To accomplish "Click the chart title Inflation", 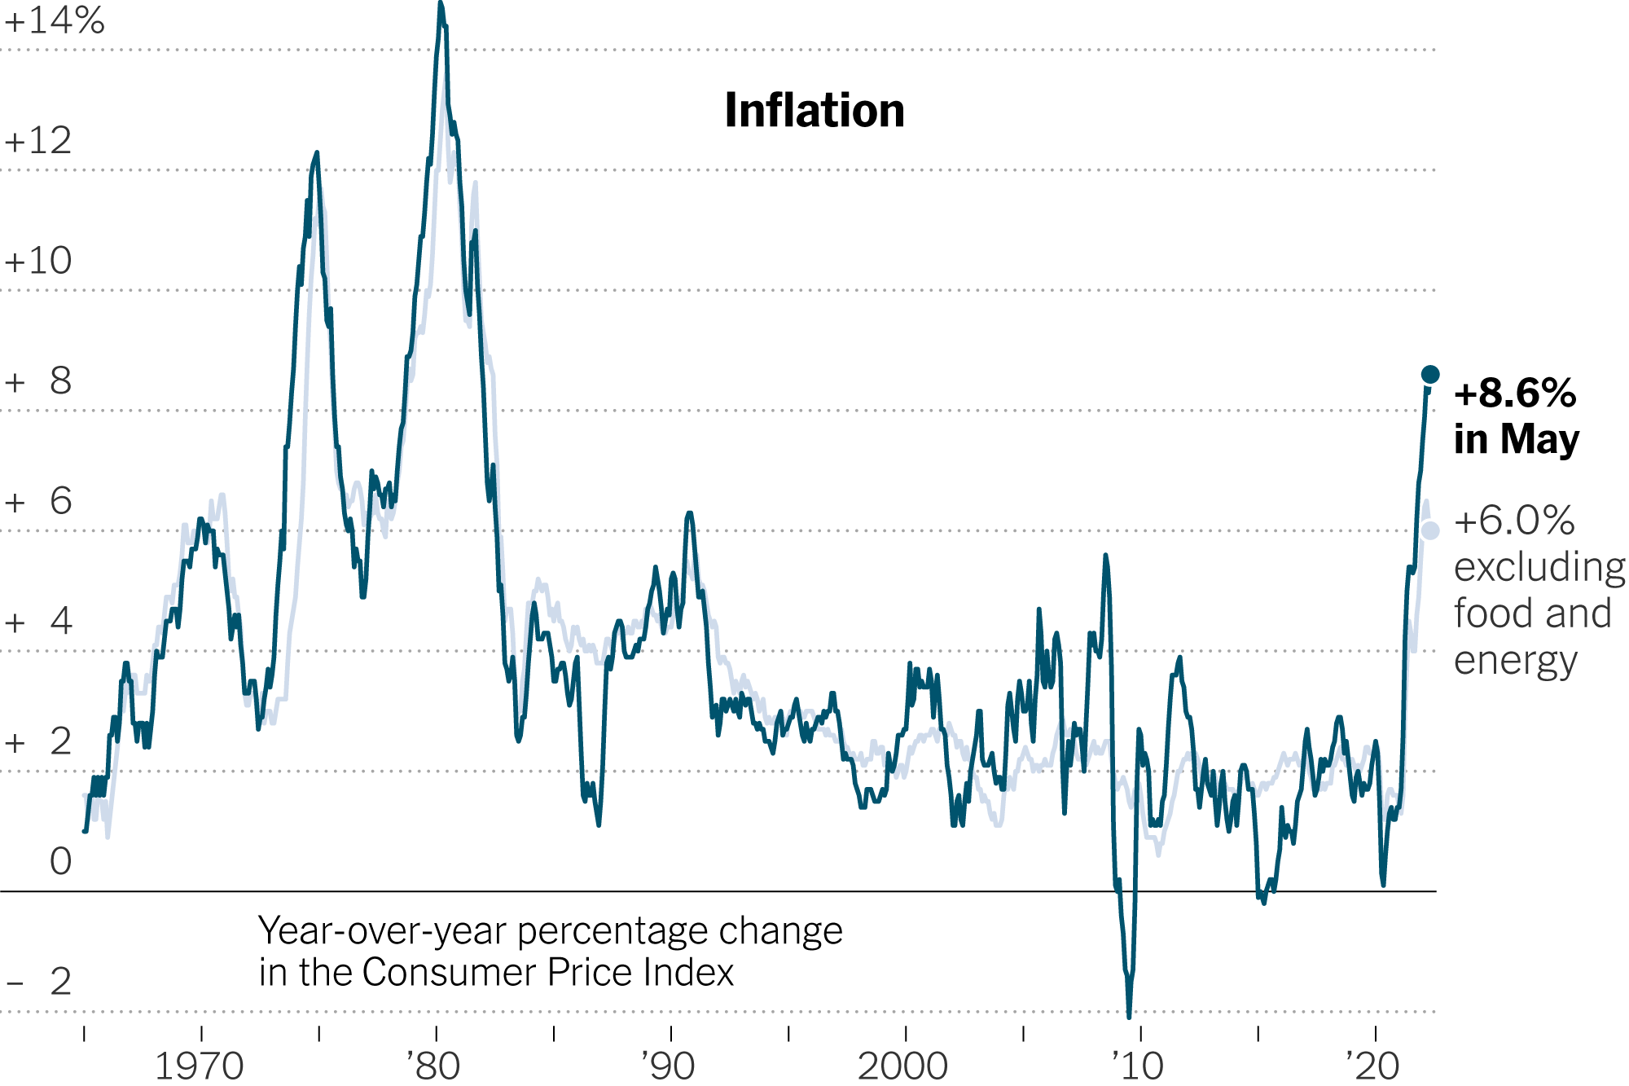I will point(814,111).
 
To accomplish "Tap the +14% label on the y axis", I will point(55,21).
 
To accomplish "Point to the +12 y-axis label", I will point(38,141).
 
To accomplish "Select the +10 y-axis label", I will point(38,262).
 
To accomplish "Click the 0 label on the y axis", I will point(61,862).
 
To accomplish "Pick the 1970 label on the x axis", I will point(200,1066).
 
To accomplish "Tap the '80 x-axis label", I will point(434,1066).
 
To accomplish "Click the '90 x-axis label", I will point(669,1066).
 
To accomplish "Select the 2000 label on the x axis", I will point(903,1066).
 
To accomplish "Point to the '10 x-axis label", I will point(1139,1066).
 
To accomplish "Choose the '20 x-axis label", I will point(1373,1066).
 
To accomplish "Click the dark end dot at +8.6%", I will point(1430,375).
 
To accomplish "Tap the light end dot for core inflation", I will point(1430,530).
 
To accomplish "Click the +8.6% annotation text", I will point(1515,394).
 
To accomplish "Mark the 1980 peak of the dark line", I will point(441,5).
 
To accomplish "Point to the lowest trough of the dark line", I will point(1129,1016).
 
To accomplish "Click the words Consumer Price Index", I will point(547,973).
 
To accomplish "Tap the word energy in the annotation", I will point(1516,661).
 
